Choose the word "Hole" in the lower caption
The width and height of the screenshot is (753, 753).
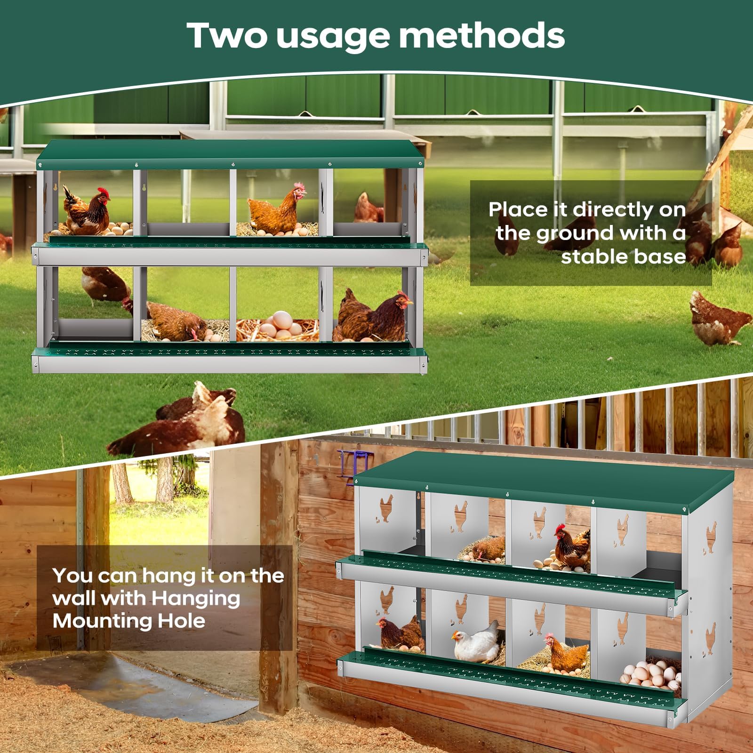pos(181,621)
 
